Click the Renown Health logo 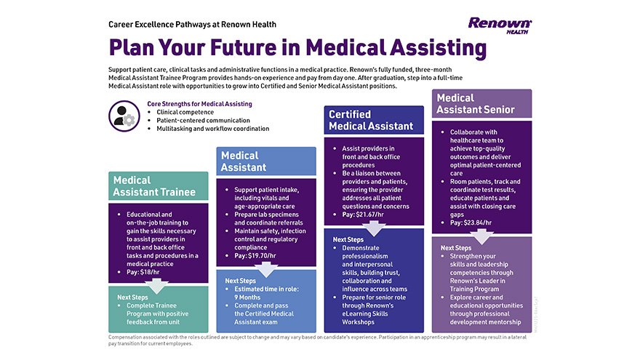(x=500, y=25)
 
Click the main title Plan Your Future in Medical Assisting (x=297, y=47)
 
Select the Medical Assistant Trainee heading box (x=158, y=186)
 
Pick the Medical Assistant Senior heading (x=481, y=103)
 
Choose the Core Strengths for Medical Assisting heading (x=199, y=104)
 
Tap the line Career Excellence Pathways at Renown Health (x=192, y=24)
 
